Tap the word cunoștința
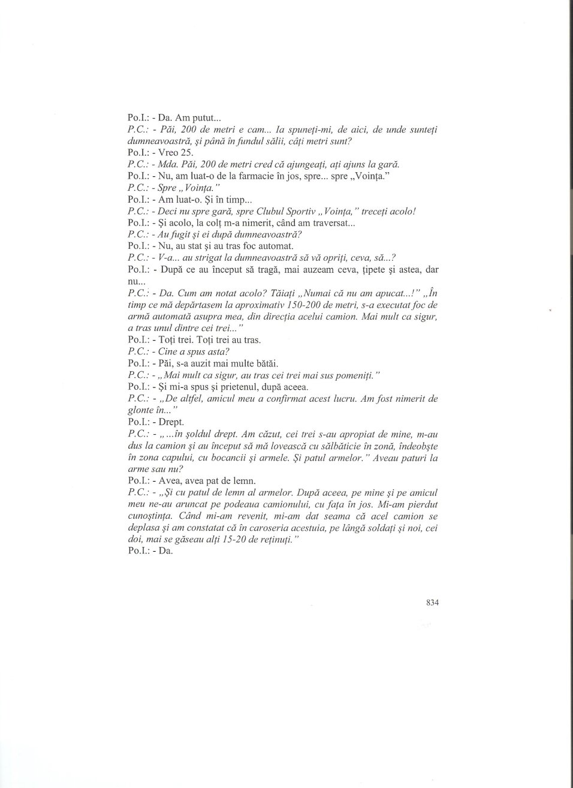point(151,516)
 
